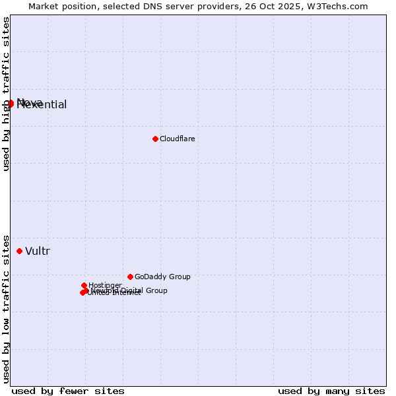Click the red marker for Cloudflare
click(155, 139)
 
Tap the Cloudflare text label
click(177, 139)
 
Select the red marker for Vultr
click(19, 251)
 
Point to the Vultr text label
click(38, 251)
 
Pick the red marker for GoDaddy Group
click(130, 277)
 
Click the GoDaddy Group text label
click(162, 277)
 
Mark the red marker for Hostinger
click(84, 285)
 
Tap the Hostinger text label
click(105, 285)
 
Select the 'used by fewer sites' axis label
click(68, 391)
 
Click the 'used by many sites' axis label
click(331, 391)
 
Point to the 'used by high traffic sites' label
click(6, 94)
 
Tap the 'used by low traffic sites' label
click(6, 308)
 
